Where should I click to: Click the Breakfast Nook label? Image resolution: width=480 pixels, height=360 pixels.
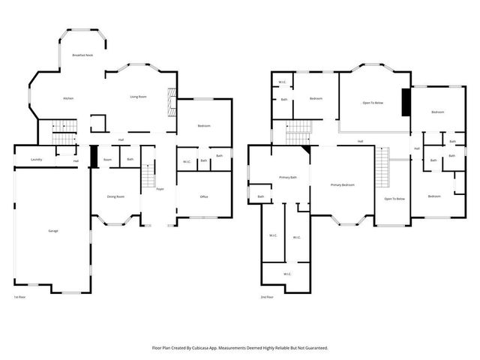click(82, 55)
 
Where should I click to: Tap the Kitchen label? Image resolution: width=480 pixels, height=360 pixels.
click(68, 99)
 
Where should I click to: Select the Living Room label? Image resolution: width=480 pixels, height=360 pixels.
click(137, 97)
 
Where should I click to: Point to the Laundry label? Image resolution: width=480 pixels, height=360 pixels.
click(35, 160)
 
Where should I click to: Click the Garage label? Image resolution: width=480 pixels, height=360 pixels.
click(53, 230)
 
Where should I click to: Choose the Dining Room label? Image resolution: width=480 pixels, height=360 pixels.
click(115, 196)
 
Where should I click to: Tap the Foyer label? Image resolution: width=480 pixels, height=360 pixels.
click(160, 189)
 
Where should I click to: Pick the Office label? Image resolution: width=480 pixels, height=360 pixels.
click(203, 196)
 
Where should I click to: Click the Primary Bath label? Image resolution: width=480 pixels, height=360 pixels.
click(289, 177)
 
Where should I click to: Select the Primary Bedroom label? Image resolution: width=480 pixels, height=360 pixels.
click(342, 184)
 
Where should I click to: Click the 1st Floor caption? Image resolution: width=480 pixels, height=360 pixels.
click(19, 297)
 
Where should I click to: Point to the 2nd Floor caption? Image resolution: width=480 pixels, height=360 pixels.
click(266, 297)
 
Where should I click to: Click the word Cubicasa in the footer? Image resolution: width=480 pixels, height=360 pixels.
click(205, 348)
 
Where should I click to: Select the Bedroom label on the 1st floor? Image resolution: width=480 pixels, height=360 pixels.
click(203, 125)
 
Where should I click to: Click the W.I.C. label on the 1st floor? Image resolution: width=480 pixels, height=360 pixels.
click(187, 161)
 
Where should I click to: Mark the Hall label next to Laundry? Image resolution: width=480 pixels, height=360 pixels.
click(76, 161)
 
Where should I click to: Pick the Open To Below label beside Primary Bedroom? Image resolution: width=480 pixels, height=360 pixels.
click(394, 199)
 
